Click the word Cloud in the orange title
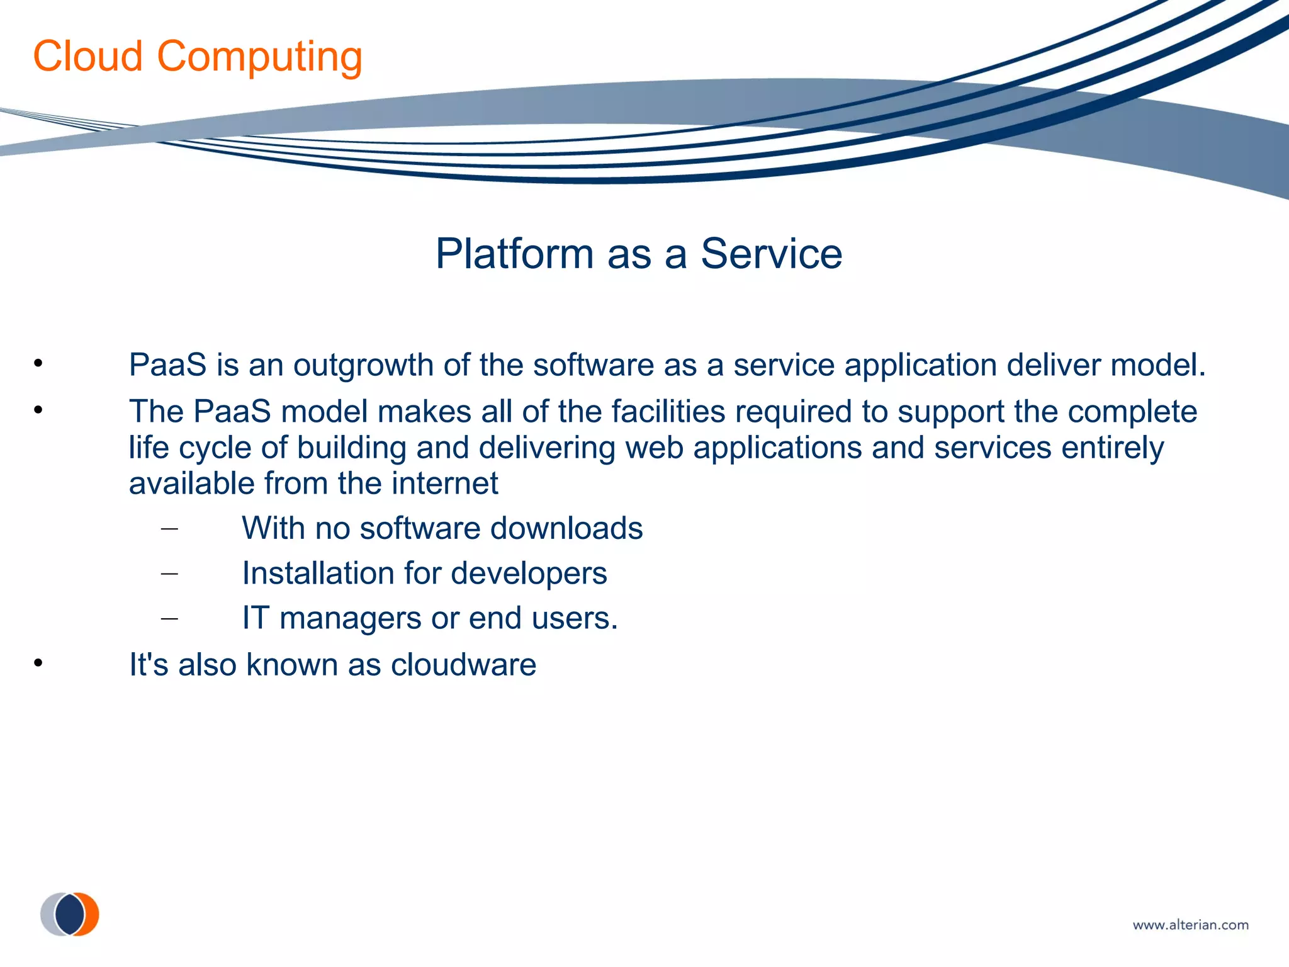[x=88, y=57]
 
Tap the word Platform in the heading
[x=514, y=254]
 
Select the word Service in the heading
[x=771, y=254]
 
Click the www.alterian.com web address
[x=1190, y=925]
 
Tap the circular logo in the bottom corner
[x=70, y=914]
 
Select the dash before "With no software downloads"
[x=169, y=529]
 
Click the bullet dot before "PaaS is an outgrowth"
[x=38, y=363]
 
